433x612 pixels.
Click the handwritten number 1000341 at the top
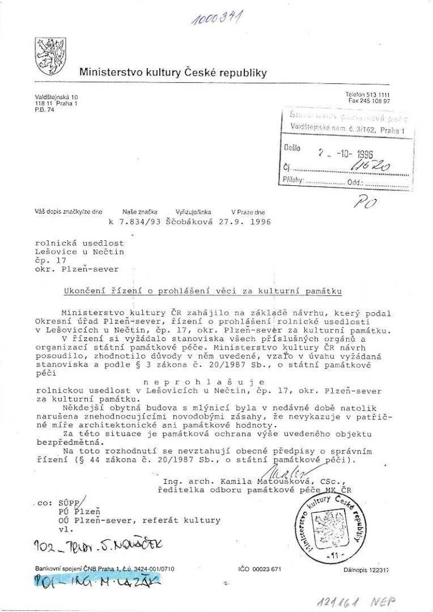click(218, 18)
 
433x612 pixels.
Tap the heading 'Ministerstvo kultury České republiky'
click(173, 73)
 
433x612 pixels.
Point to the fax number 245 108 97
click(369, 100)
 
